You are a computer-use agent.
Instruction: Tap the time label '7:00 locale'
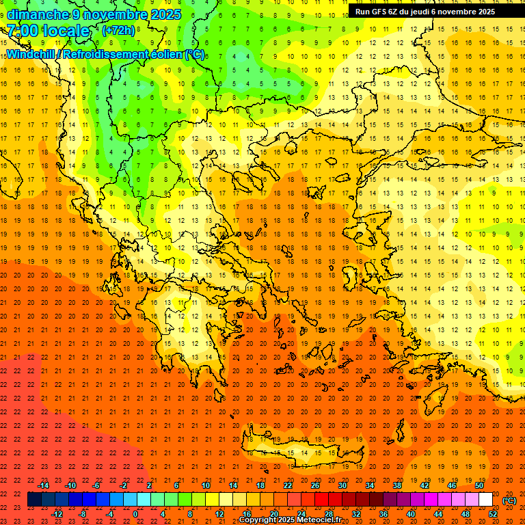point(48,31)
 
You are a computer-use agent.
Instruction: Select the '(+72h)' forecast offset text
point(118,31)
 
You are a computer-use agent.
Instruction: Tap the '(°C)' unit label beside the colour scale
point(509,500)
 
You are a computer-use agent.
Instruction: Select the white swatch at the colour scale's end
point(485,500)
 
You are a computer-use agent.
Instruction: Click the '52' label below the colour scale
point(493,514)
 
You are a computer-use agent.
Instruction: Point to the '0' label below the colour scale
point(135,514)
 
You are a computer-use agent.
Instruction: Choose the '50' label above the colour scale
point(479,485)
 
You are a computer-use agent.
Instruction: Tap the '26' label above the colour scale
point(315,485)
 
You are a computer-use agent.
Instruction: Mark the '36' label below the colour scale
point(383,514)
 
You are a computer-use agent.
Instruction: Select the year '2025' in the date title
point(165,14)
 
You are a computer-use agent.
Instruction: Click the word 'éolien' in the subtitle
point(162,55)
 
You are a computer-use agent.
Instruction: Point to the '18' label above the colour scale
point(260,485)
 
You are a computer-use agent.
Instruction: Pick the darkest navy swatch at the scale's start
point(34,500)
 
